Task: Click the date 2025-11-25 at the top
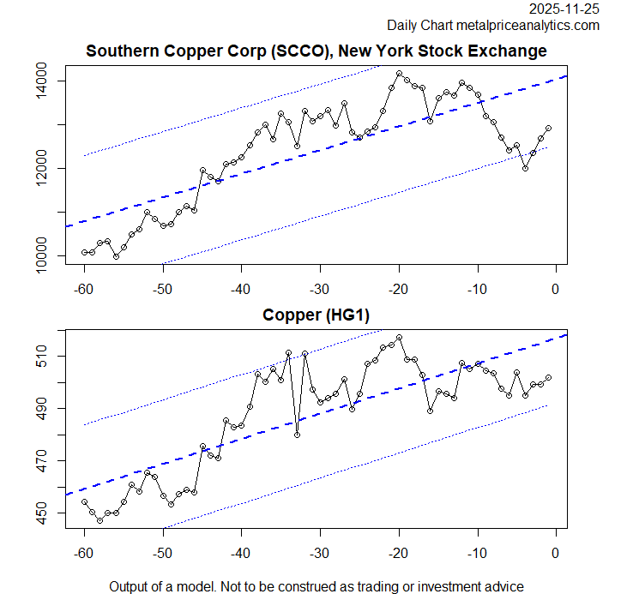(564, 9)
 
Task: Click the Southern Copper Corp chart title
(316, 51)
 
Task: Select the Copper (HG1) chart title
(316, 316)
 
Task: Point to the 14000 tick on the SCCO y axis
(42, 81)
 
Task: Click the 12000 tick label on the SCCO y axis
(42, 169)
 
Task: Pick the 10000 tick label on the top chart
(42, 255)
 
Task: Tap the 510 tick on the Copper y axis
(42, 356)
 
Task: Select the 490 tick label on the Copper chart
(42, 408)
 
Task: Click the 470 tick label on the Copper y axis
(42, 461)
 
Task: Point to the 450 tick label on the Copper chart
(42, 513)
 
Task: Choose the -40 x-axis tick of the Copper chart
(241, 551)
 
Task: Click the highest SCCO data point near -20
(399, 74)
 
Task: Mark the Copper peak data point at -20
(399, 338)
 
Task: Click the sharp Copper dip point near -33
(297, 435)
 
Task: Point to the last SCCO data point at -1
(548, 128)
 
